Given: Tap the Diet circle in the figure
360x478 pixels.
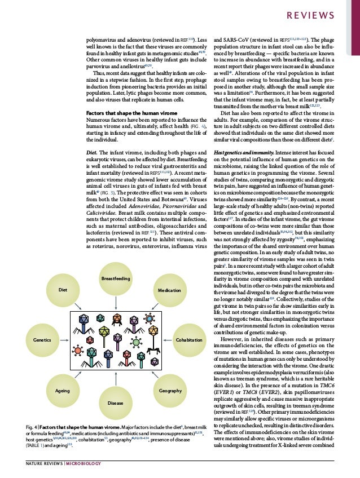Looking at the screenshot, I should point(63,290).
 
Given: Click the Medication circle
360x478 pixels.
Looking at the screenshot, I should point(169,290).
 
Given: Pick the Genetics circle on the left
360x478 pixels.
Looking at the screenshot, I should point(42,340).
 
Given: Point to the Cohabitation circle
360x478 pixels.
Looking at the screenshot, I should point(188,340).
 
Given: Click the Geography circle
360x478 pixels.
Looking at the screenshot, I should point(170,390).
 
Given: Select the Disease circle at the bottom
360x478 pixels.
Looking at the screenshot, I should point(116,404).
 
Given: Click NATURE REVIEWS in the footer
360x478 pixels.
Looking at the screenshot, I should point(45,464).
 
